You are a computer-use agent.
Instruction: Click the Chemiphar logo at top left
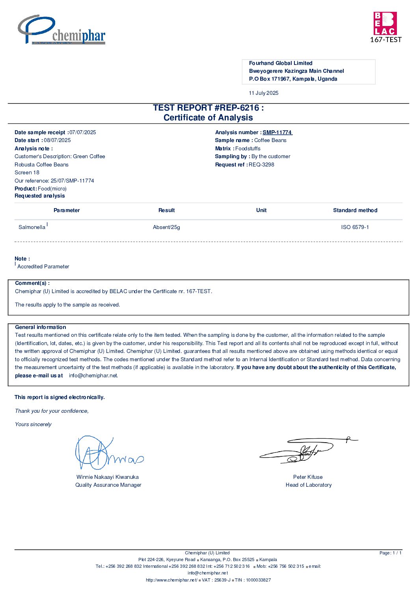61,30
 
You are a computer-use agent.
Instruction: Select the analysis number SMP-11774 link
277,133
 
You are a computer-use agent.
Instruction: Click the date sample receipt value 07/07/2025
83,133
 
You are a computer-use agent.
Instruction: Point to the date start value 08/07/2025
58,140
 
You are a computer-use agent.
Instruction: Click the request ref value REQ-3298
261,165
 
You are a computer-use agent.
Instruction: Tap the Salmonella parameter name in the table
32,227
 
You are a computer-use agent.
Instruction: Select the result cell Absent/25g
166,227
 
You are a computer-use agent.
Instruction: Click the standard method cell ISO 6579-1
355,227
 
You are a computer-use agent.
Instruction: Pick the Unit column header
261,210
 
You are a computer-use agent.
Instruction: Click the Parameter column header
67,210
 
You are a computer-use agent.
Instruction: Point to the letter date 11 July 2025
264,93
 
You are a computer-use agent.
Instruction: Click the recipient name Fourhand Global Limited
281,63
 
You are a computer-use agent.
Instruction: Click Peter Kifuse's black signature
307,451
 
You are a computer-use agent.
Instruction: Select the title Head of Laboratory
309,485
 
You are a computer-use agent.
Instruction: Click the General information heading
41,327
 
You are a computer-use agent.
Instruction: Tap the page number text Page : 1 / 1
390,553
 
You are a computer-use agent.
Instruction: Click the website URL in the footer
171,580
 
